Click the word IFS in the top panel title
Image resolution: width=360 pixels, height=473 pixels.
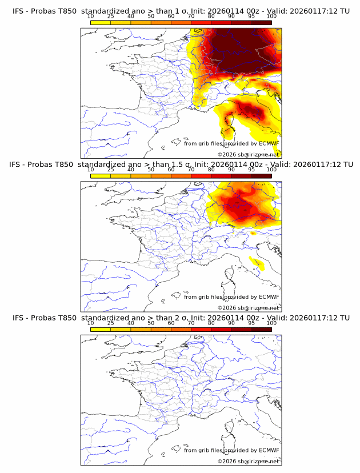point(17,11)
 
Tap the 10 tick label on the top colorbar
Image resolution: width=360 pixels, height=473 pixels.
point(90,17)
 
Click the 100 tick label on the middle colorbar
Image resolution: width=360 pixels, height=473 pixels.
point(271,170)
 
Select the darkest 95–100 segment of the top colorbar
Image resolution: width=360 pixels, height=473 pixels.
point(261,23)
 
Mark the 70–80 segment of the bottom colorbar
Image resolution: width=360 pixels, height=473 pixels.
point(201,330)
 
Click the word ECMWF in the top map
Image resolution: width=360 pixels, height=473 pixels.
point(269,143)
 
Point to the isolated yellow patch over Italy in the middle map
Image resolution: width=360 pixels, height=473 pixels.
point(258,264)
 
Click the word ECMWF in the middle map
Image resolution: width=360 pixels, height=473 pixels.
point(269,296)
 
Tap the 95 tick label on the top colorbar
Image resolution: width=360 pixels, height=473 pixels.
point(251,17)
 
